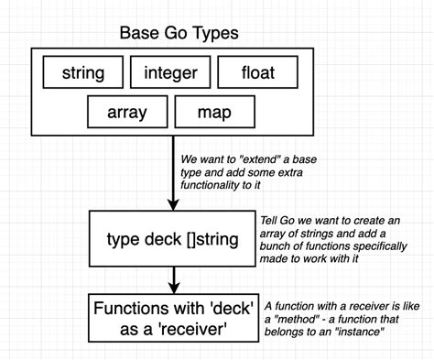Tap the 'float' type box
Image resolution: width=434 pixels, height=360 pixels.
point(257,72)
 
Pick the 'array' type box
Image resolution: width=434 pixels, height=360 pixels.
point(126,113)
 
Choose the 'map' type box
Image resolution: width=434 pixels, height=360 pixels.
point(214,113)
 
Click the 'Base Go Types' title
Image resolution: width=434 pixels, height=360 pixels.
point(179,34)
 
